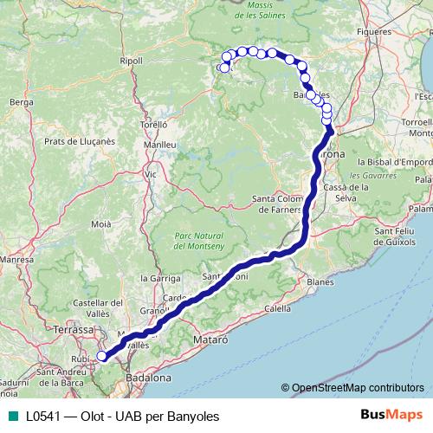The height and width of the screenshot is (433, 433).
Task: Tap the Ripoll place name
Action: [x=132, y=61]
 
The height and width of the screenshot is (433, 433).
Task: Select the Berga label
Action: [x=20, y=101]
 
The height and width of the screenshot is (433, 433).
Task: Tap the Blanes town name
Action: [x=320, y=282]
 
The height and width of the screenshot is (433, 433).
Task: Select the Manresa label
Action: [x=16, y=259]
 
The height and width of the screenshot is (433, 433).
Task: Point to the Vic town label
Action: [x=151, y=174]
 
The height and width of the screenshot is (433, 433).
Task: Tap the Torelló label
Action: [x=153, y=124]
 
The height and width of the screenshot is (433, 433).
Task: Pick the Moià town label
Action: [x=100, y=223]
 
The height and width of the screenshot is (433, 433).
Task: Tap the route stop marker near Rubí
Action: [x=101, y=356]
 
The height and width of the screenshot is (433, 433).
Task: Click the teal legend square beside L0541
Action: [x=11, y=417]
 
